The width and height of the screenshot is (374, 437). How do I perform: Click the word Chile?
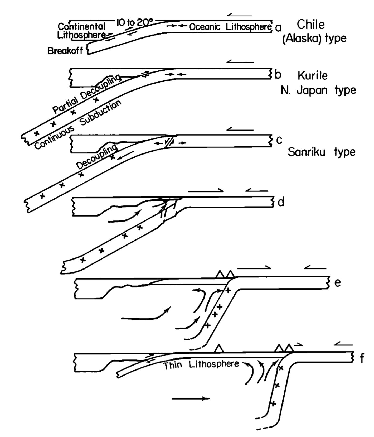(x=311, y=25)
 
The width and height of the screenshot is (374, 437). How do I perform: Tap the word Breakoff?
(x=65, y=51)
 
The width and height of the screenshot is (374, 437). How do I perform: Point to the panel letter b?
(x=278, y=75)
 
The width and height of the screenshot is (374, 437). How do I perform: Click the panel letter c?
(x=279, y=140)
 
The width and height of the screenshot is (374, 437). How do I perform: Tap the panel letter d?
(x=281, y=202)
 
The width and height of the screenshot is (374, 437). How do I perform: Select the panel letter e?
(x=337, y=282)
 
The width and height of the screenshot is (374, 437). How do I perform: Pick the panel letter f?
(x=362, y=359)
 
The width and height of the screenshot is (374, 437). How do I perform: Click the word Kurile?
(x=313, y=76)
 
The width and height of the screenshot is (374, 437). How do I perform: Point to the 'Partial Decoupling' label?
(x=87, y=94)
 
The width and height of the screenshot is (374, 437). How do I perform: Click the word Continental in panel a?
(x=82, y=26)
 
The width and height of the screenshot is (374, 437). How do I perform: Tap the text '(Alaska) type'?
(x=314, y=39)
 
